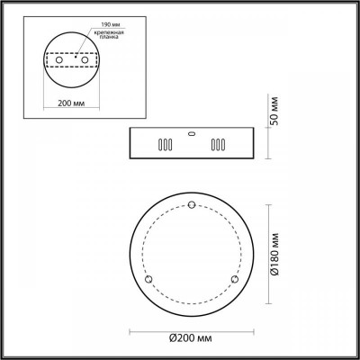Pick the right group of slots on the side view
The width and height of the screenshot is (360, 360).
pyautogui.click(x=216, y=145)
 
